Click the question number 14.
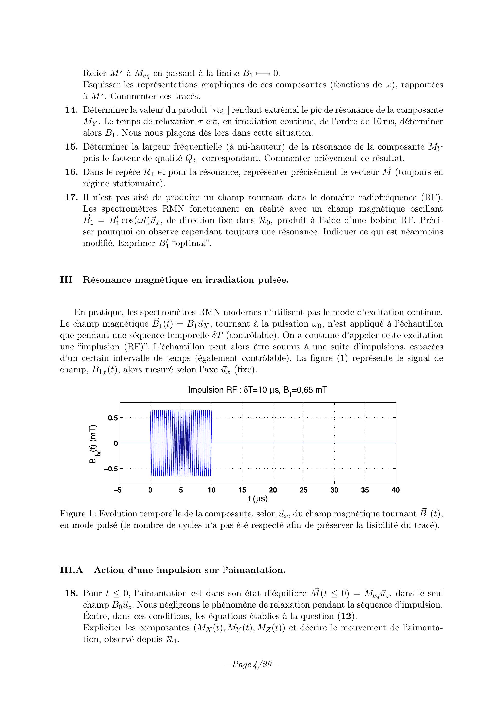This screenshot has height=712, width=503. (71, 110)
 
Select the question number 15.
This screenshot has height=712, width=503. (71, 147)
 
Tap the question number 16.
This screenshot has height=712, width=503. (71, 172)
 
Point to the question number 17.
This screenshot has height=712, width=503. (71, 197)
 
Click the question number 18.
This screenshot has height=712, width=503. (71, 594)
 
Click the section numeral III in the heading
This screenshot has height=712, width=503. (66, 280)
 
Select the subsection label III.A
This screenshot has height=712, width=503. (71, 570)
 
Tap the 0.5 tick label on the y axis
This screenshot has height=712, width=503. (113, 418)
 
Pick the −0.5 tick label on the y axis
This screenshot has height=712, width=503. (111, 469)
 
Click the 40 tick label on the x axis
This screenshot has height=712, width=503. (396, 490)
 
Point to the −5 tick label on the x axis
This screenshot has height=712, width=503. (118, 490)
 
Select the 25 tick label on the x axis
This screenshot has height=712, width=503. (304, 490)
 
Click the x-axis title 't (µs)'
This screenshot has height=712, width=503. (258, 499)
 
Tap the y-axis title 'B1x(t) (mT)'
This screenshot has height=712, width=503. (94, 443)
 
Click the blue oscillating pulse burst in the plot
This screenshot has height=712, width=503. (181, 443)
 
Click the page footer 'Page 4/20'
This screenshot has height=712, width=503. (251, 664)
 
